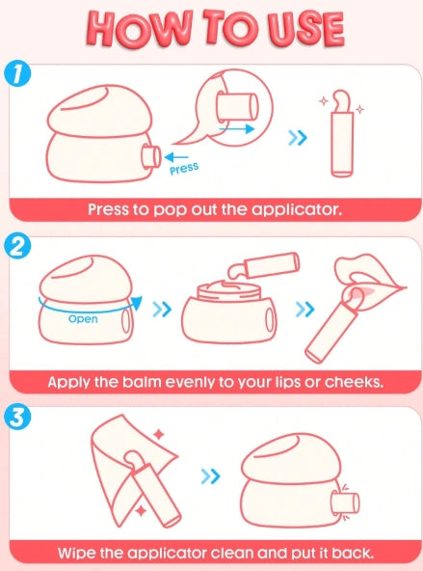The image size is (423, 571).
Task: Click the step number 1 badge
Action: point(16,74)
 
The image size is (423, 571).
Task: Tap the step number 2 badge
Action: point(16,247)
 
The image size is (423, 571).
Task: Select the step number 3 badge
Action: point(16,417)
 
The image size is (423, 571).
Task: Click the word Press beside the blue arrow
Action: point(184,169)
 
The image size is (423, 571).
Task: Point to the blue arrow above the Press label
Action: point(176,157)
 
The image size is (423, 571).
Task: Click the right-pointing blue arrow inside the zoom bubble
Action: point(236,128)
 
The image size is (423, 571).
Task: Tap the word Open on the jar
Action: point(83,319)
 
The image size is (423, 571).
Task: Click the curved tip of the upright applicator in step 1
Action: point(342,100)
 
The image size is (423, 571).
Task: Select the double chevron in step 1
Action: point(298,138)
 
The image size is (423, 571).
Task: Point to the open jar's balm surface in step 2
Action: point(229,286)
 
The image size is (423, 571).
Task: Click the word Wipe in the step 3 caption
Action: point(76,553)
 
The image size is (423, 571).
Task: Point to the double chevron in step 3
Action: point(211,476)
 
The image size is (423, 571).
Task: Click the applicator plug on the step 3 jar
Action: point(346,503)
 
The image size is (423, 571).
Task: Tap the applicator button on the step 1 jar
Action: point(150,157)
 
